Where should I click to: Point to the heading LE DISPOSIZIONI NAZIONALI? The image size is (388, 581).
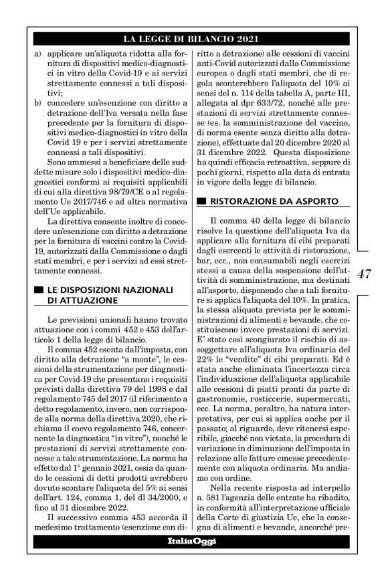(x=110, y=289)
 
